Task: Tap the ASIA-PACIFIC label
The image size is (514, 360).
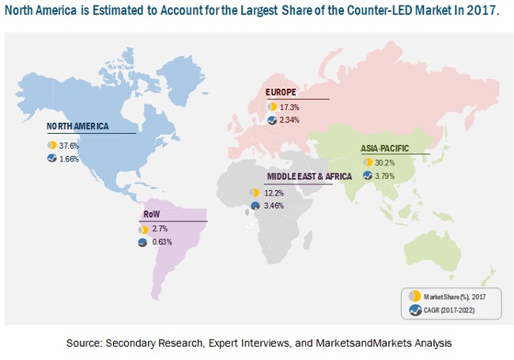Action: click(387, 147)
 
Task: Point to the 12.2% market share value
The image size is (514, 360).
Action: click(272, 192)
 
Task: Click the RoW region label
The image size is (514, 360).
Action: click(152, 214)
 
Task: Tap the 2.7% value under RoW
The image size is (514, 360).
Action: click(161, 229)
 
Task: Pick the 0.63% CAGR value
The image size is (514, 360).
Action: click(163, 242)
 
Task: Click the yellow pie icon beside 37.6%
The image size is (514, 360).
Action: click(51, 146)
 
